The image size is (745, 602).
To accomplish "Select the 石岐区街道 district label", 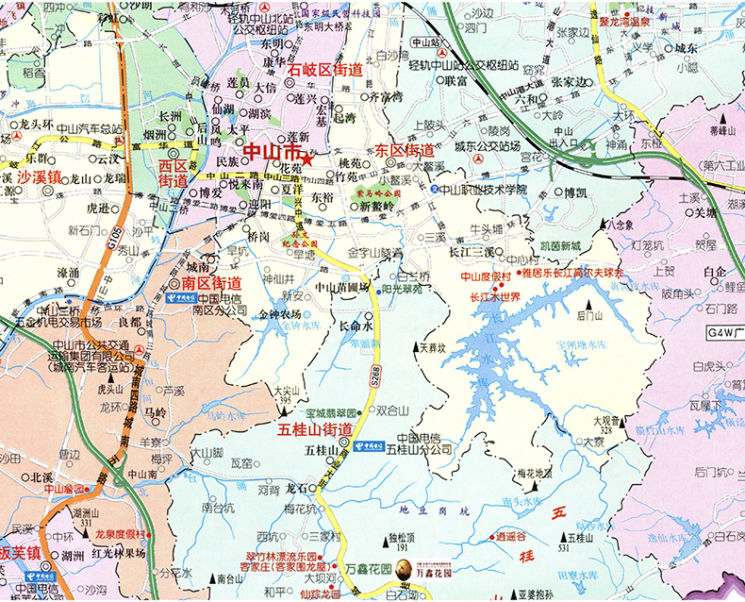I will (325, 69).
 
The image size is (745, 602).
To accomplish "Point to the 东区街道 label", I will (404, 150).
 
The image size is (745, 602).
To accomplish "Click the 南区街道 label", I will (211, 282).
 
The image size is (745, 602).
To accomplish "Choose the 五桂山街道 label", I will (315, 429).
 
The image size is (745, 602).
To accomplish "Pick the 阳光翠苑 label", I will (401, 289).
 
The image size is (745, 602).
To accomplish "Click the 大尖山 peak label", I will (285, 388).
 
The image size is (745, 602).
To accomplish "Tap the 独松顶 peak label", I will (402, 537).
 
